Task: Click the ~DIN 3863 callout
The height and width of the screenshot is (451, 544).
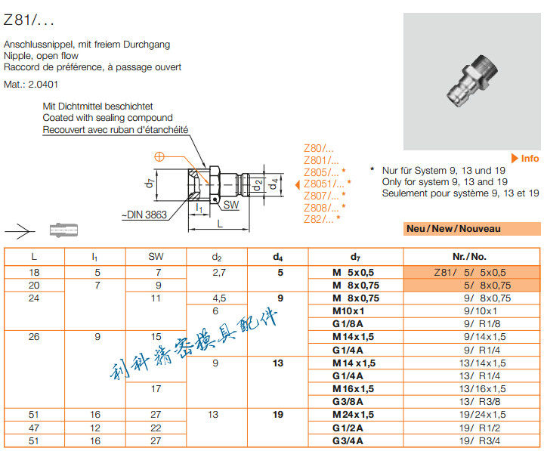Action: (x=144, y=215)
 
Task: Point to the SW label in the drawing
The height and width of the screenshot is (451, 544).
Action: (x=233, y=205)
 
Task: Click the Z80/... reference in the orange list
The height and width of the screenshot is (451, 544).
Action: (x=318, y=148)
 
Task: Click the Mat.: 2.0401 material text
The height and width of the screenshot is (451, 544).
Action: (x=31, y=84)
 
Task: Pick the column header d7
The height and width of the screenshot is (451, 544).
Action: (x=355, y=257)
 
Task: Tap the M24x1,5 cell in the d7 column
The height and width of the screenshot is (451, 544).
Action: (x=354, y=415)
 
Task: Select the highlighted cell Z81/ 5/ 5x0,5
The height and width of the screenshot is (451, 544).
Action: (x=471, y=272)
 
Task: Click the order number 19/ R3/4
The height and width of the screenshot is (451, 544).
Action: (x=473, y=440)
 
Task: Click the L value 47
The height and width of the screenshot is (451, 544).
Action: (x=34, y=428)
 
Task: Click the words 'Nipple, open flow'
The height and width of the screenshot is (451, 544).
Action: (x=41, y=56)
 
